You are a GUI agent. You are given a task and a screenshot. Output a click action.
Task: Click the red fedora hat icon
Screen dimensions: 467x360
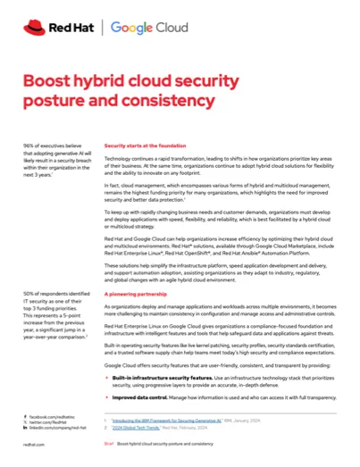tap(34, 29)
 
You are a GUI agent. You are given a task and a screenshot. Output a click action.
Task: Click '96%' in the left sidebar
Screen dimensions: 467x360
tap(29, 145)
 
